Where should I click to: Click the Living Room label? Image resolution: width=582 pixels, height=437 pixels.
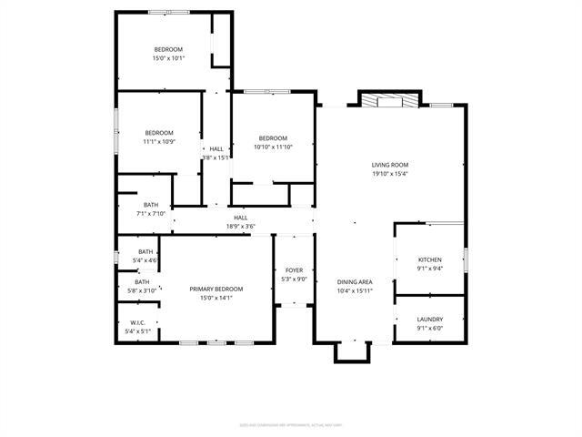(x=389, y=165)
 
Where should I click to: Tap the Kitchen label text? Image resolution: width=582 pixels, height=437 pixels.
(x=429, y=259)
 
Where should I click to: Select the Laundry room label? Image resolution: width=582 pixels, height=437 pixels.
(x=429, y=319)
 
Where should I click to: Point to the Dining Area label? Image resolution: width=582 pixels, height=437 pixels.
(x=356, y=282)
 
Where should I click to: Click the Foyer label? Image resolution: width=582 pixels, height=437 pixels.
(x=294, y=270)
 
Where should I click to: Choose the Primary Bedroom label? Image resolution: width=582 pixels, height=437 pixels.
(x=216, y=289)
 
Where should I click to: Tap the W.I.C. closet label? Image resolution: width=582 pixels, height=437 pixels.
(x=138, y=322)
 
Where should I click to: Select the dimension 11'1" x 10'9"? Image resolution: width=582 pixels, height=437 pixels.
(x=158, y=142)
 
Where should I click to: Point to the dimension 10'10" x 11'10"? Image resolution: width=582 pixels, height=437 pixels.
(x=273, y=147)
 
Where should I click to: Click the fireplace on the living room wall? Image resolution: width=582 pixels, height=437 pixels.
(x=390, y=100)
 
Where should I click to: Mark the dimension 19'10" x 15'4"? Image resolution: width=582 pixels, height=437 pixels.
(x=389, y=174)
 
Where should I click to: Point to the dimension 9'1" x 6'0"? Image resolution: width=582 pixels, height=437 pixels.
(x=429, y=328)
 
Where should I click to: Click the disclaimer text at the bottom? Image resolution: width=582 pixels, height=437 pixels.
(x=290, y=424)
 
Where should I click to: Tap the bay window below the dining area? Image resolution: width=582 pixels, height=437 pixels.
(x=353, y=351)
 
